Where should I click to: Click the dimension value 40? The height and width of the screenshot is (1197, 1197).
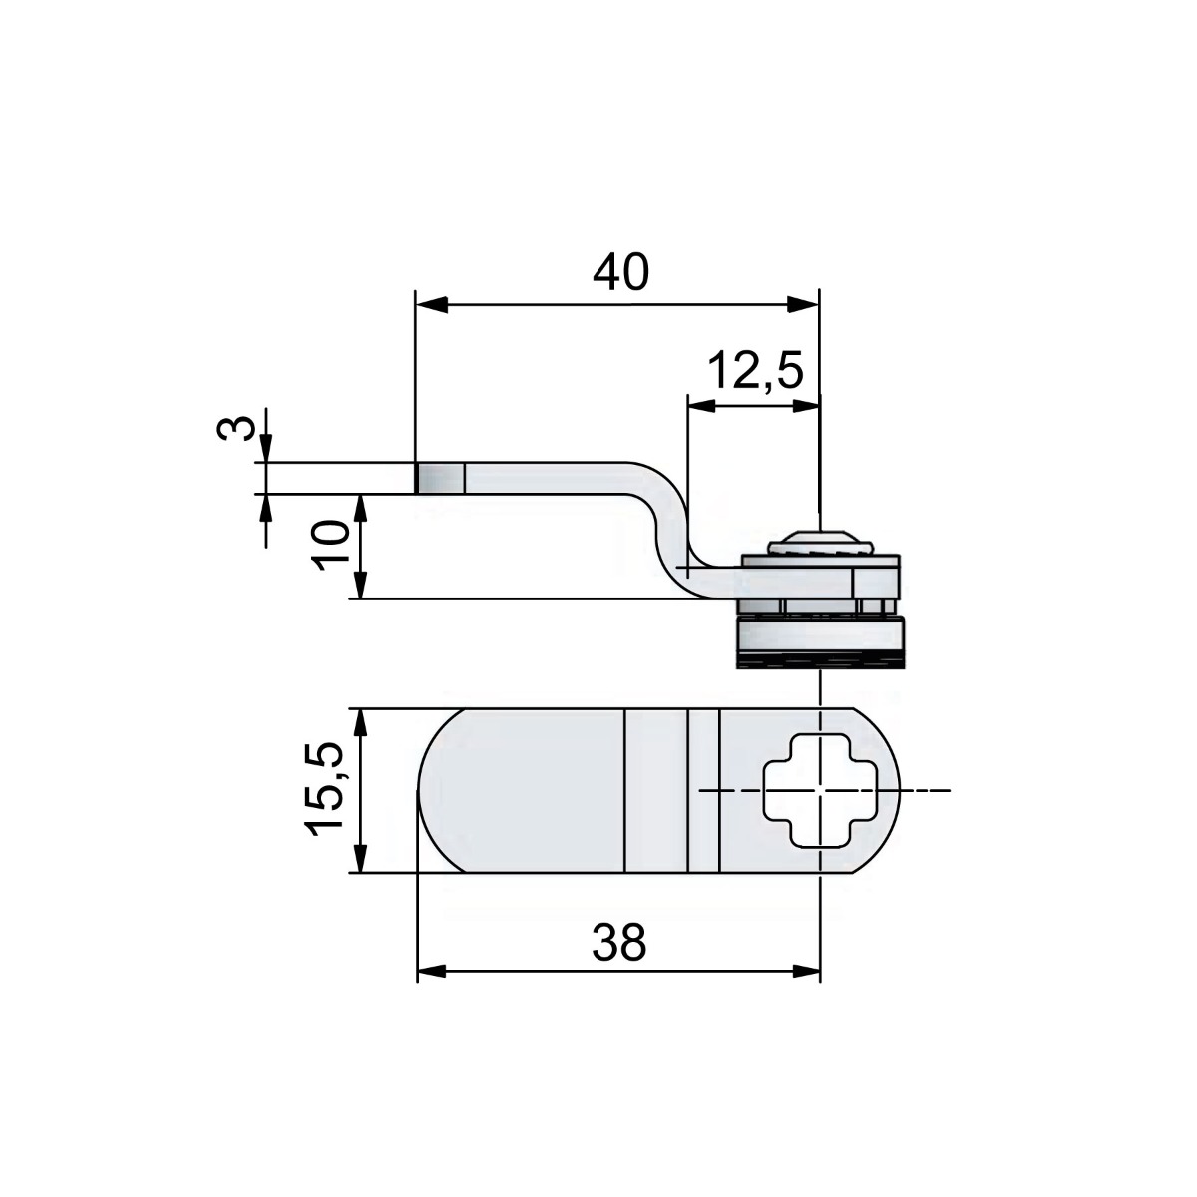click(619, 272)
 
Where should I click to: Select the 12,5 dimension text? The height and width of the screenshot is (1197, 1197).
click(755, 372)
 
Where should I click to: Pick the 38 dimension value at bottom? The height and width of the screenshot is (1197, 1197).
click(618, 943)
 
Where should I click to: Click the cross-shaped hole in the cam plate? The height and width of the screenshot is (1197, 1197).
click(818, 790)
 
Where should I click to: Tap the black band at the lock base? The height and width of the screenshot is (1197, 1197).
click(820, 659)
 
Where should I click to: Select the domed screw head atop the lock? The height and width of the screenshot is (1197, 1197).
click(820, 544)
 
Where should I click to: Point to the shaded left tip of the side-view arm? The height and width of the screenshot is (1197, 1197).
click(440, 478)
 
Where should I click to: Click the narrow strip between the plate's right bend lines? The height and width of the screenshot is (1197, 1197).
click(702, 790)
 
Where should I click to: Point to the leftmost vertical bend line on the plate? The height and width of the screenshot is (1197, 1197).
click(624, 790)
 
